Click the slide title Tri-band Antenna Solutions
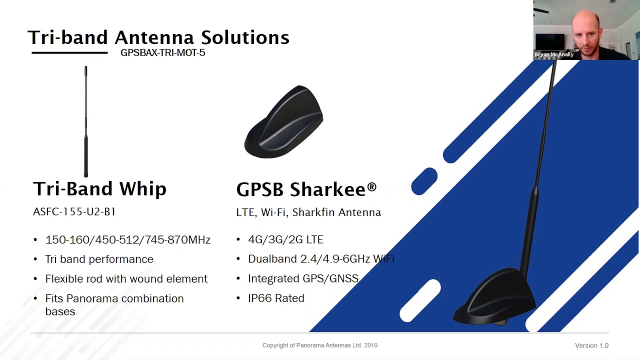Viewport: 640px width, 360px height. pos(158,37)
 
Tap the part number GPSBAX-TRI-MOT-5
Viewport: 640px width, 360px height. pos(162,53)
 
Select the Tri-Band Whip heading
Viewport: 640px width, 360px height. pos(99,189)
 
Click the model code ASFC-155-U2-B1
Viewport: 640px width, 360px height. pos(74,212)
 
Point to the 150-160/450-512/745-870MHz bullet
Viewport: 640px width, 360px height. pos(127,240)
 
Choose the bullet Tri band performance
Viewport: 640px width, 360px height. pos(99,259)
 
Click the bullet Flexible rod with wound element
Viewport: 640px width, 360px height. pos(126,279)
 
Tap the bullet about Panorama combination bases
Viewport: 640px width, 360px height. pos(114,304)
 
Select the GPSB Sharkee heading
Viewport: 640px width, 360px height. pos(301,189)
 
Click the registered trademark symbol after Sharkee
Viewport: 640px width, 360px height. pos(371,186)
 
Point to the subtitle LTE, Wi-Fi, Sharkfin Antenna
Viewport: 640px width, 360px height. pos(308,212)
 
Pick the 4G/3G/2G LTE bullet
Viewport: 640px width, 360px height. pos(285,240)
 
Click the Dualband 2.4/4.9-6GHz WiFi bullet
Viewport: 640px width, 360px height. pos(320,259)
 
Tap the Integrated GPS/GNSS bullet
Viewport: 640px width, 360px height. pos(303,278)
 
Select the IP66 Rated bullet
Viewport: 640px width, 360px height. pos(276,298)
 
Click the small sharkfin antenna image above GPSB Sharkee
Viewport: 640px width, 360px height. pos(284,122)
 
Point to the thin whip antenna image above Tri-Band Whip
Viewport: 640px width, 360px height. pos(86,121)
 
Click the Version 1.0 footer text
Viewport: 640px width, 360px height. pos(591,345)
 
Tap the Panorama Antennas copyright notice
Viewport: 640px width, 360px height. pos(319,345)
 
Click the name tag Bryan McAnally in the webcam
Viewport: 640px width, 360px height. pos(553,54)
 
